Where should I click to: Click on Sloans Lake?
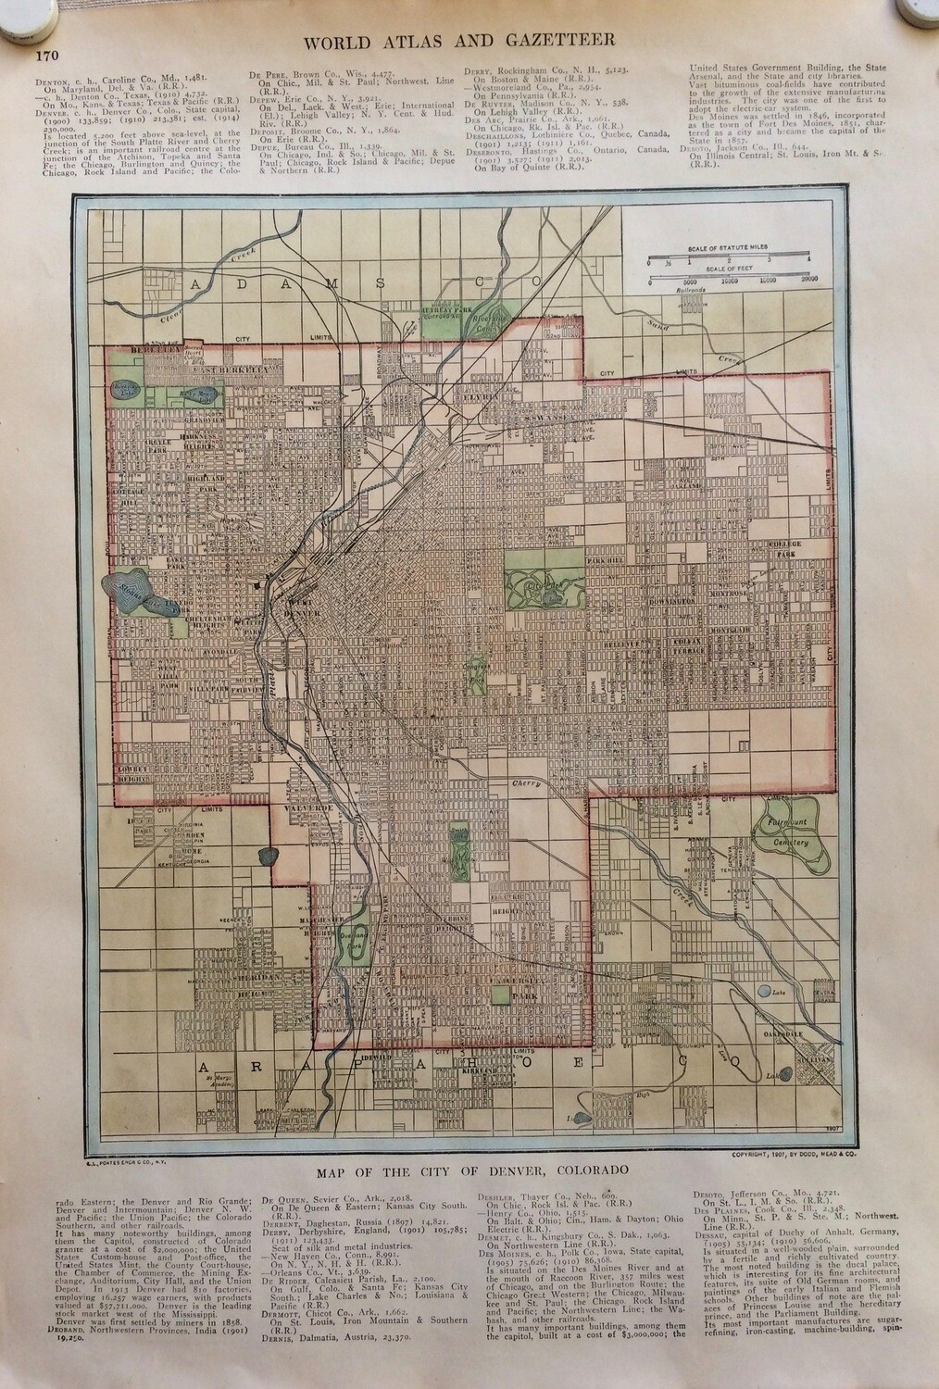pyautogui.click(x=139, y=591)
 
